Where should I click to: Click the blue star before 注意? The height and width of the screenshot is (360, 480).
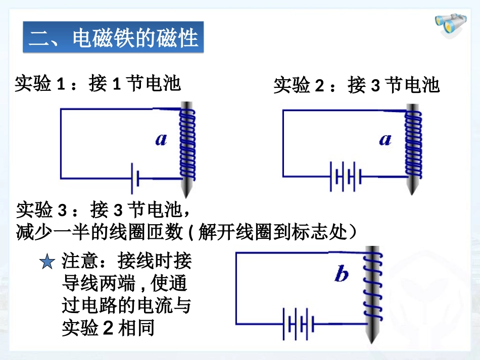point(47,262)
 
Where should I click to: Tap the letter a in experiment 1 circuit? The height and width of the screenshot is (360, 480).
point(161,139)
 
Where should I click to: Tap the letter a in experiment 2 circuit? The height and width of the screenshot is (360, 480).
point(385,139)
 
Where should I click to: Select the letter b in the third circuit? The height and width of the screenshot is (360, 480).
point(342,273)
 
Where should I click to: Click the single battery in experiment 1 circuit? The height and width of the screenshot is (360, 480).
point(135,178)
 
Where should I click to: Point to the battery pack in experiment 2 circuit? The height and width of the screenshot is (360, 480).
point(346,177)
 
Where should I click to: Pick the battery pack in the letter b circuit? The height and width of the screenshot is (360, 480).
point(299,324)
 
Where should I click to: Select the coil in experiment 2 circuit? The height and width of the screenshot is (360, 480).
point(413,144)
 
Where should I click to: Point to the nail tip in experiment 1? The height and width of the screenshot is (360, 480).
point(186,197)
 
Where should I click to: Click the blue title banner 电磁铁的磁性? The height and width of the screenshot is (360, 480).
point(113,37)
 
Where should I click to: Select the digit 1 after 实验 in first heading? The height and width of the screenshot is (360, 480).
point(61,84)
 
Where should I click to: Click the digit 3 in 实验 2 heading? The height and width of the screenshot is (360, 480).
point(375,85)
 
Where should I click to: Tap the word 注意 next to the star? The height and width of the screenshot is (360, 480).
point(80,261)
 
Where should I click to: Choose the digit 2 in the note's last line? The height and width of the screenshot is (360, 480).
point(108,328)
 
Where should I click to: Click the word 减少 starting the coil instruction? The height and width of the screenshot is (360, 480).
point(34,232)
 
